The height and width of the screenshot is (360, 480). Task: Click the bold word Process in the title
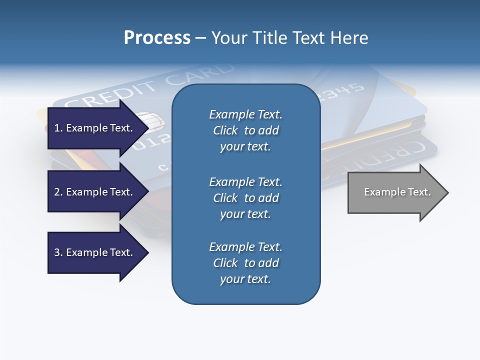(157, 38)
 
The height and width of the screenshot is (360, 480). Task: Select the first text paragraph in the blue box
(245, 130)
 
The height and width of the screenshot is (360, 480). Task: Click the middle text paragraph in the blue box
(245, 197)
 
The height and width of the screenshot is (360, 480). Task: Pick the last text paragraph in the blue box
(245, 263)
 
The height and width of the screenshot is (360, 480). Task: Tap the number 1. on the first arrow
(58, 128)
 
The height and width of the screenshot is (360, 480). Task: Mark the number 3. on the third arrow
(58, 253)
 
